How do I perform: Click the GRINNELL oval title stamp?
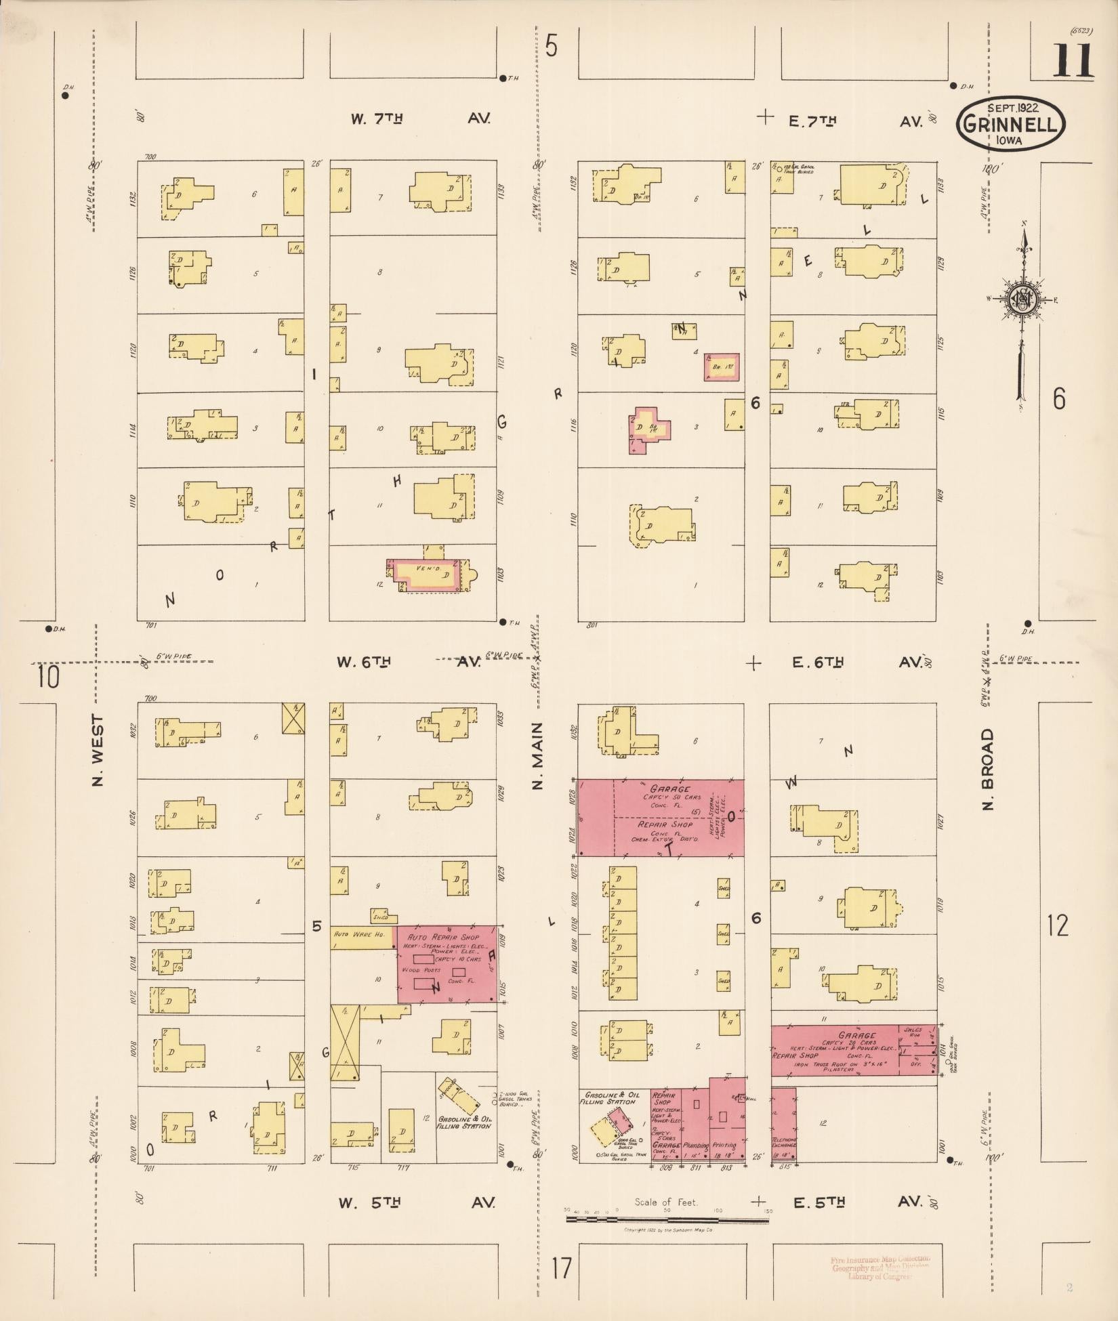(x=1010, y=125)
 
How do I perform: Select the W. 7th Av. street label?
(x=420, y=119)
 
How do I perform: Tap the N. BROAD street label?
(x=987, y=770)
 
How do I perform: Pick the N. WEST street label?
(x=99, y=751)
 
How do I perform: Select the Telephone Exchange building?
(x=783, y=1130)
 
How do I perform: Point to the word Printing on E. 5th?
(x=723, y=1146)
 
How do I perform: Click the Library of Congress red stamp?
(x=880, y=1267)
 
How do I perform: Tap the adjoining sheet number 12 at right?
(x=1058, y=925)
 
